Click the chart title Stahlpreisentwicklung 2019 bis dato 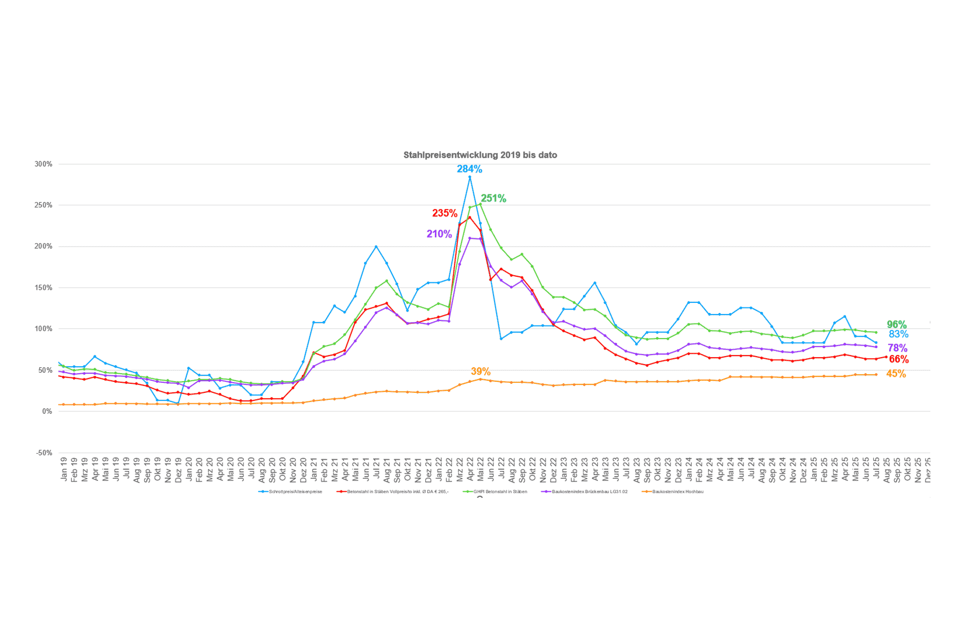(480, 155)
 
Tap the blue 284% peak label (469, 169)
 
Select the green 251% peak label (493, 198)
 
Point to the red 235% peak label (444, 213)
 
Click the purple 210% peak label (439, 234)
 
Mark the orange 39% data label (480, 372)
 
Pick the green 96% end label (896, 325)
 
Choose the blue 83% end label (898, 335)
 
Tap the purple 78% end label (897, 348)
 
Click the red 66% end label (898, 359)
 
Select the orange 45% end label (896, 374)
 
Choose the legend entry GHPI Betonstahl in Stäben (500, 491)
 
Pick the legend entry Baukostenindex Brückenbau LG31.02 (589, 491)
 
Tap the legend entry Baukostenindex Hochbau (677, 491)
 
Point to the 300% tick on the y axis (43, 164)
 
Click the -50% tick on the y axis (44, 453)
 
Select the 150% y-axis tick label (43, 288)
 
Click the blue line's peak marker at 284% (469, 177)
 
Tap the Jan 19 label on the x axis (64, 469)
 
